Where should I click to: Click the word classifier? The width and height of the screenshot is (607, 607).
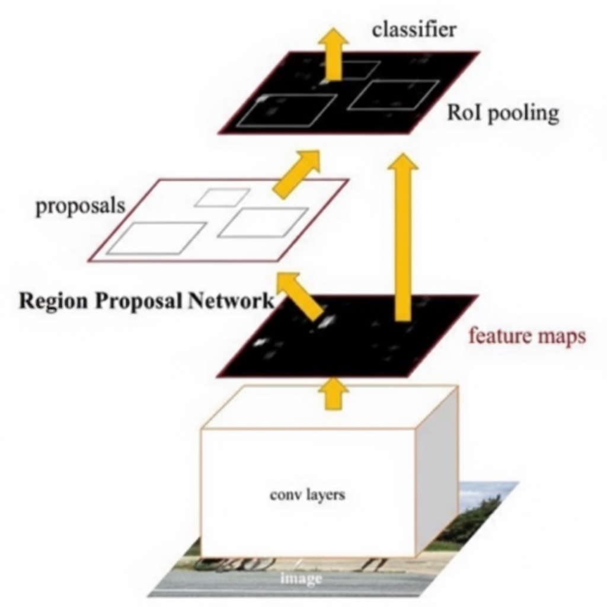(x=414, y=30)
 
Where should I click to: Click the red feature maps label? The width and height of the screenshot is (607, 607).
(x=526, y=336)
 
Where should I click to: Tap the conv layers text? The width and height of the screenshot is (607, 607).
(x=306, y=494)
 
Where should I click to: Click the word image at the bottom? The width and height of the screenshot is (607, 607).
(x=301, y=577)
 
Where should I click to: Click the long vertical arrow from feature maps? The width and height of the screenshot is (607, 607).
(x=403, y=237)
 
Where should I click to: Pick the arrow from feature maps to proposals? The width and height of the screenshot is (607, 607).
(x=301, y=295)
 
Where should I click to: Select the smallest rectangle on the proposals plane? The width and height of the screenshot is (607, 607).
(x=222, y=197)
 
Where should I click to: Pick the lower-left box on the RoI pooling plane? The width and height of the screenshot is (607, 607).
(x=286, y=110)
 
